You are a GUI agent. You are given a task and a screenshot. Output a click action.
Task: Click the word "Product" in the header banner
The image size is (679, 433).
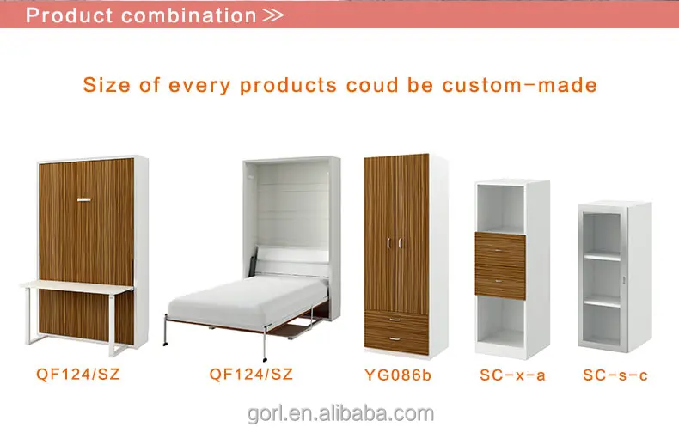[70, 15]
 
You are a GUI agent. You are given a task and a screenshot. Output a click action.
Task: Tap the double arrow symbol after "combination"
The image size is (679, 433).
[273, 15]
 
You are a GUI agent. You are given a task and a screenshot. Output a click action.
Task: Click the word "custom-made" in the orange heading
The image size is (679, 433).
[520, 85]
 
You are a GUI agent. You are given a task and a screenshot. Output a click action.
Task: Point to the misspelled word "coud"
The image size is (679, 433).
[372, 85]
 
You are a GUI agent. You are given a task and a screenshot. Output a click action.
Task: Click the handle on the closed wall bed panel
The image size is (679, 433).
[83, 200]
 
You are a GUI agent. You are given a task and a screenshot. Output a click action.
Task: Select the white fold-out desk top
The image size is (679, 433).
[77, 286]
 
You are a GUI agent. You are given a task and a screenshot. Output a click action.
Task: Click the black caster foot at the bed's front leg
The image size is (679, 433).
[265, 359]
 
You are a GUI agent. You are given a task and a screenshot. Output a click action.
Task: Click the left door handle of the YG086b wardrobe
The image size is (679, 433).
[388, 243]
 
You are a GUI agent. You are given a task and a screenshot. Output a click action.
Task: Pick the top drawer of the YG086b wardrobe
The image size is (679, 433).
[396, 320]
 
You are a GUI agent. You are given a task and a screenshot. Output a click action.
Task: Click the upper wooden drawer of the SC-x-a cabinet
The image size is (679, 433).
[500, 250]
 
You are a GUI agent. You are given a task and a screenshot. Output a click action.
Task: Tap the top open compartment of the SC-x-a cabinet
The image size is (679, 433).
[500, 209]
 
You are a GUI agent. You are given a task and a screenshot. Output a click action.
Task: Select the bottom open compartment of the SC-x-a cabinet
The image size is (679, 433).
[500, 321]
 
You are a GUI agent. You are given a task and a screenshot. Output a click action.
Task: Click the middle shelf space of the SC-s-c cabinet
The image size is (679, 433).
[602, 279]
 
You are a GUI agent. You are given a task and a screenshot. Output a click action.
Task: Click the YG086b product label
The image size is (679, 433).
[398, 375]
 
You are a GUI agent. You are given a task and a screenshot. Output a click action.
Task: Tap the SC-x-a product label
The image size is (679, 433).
[513, 375]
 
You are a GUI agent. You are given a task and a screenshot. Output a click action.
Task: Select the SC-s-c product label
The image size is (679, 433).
[615, 375]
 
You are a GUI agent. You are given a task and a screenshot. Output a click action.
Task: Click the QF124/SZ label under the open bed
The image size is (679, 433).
[251, 374]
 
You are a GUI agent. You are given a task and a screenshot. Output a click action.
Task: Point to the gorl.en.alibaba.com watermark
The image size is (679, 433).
[340, 413]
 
